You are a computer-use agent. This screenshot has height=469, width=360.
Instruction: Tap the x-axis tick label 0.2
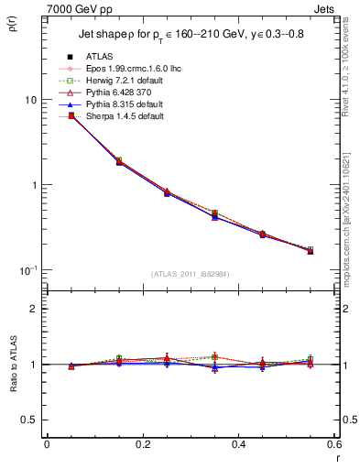point(142,444)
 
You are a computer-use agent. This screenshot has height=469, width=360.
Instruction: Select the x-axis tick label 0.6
point(333,444)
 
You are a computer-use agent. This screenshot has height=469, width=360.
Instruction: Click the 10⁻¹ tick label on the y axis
point(30,270)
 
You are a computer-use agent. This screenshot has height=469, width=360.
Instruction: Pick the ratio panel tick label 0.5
point(32,420)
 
